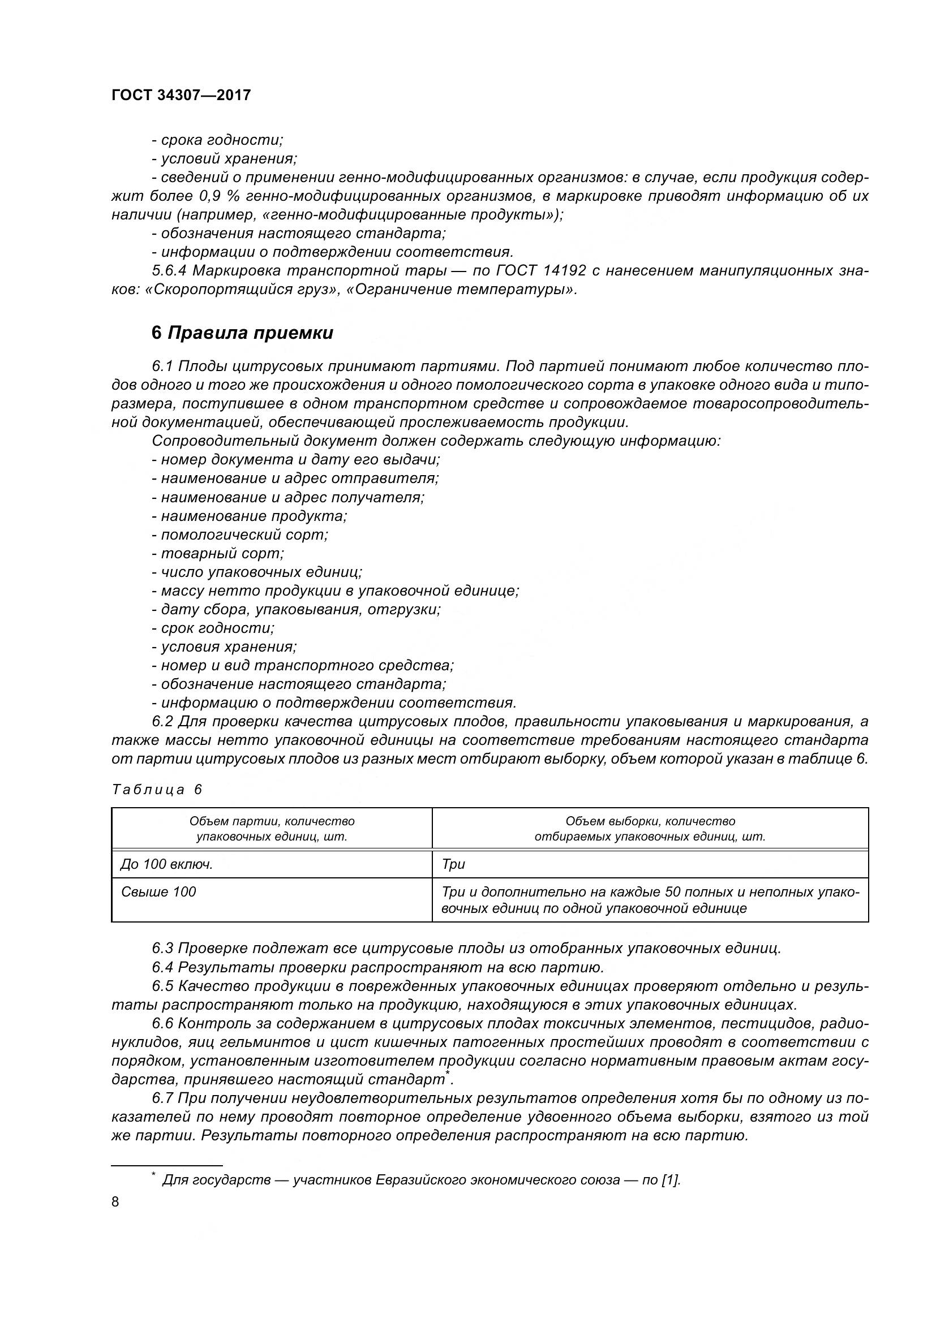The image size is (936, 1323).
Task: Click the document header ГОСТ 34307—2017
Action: pos(181,95)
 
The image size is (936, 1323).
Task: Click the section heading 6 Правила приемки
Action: pos(242,333)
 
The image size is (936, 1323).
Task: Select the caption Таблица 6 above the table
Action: pos(157,790)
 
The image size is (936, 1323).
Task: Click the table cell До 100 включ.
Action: pos(167,864)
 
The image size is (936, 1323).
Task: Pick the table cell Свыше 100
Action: pos(158,892)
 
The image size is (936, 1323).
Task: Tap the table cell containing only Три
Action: pos(453,864)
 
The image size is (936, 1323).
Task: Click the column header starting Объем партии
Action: pos(272,829)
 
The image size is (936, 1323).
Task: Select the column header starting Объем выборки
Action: pos(650,829)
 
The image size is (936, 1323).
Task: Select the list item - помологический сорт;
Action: pos(240,535)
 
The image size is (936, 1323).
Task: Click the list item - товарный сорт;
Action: pos(218,553)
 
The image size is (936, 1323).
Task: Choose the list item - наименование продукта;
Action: pos(249,516)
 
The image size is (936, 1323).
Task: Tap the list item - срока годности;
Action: pos(217,140)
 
